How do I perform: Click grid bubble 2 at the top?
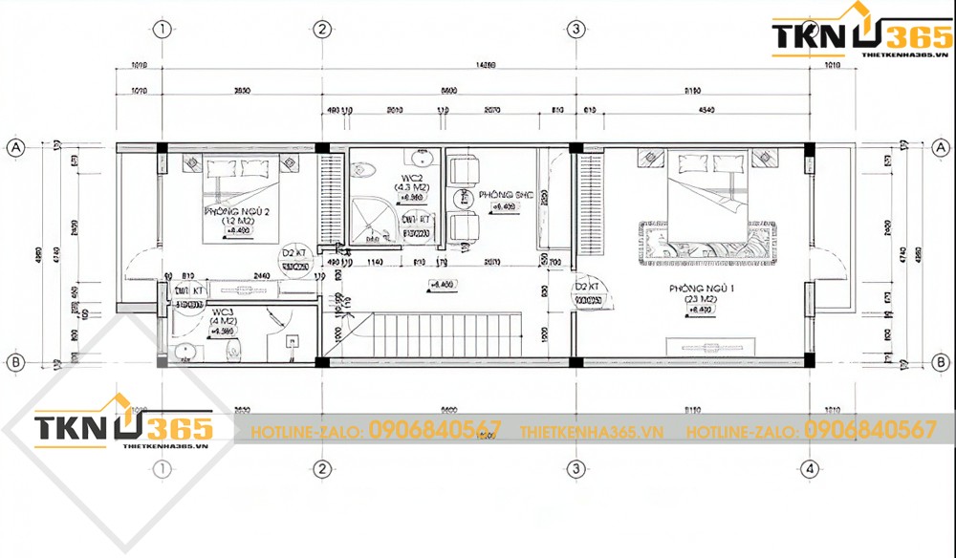pyautogui.click(x=323, y=29)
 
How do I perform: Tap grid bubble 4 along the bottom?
pyautogui.click(x=809, y=468)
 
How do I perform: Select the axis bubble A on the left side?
pyautogui.click(x=15, y=147)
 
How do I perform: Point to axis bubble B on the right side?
pyautogui.click(x=941, y=362)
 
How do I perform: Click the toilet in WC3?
pyautogui.click(x=230, y=353)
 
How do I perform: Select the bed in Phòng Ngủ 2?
pyautogui.click(x=240, y=196)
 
